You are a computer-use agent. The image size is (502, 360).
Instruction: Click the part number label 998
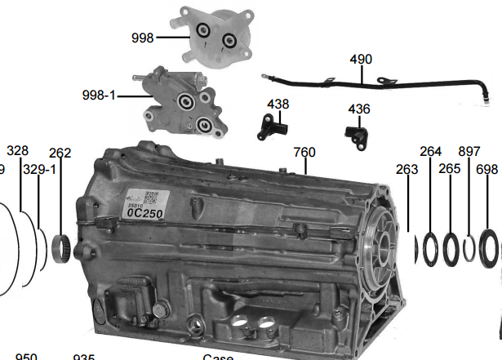[x=143, y=38]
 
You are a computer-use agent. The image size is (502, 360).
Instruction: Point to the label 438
[x=278, y=104]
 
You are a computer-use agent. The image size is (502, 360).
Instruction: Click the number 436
[x=358, y=109]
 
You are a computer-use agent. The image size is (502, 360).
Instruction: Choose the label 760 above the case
[x=304, y=153]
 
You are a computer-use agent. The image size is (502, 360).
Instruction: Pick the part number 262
[x=60, y=153]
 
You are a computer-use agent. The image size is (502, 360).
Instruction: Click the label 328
[x=17, y=151]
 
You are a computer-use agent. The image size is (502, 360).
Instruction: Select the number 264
[x=430, y=151]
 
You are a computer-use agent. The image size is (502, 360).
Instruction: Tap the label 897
[x=469, y=151]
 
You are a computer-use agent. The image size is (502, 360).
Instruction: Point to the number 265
[x=450, y=168]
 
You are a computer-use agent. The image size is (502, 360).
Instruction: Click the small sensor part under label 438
[x=269, y=127]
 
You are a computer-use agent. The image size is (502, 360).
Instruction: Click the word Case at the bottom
[x=218, y=357]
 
